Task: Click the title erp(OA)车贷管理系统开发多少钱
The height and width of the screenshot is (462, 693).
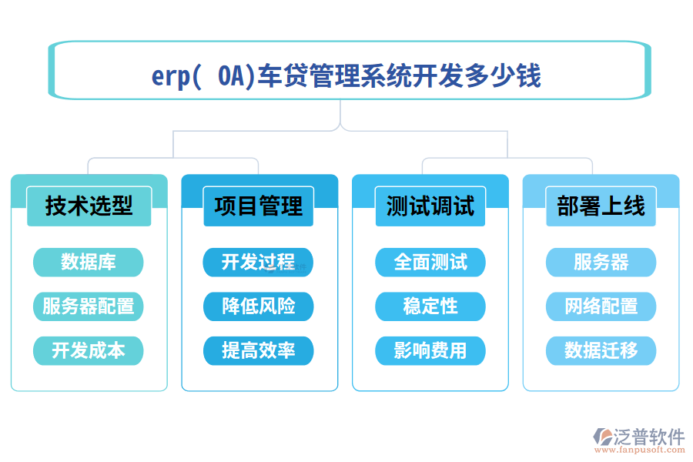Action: [346, 76]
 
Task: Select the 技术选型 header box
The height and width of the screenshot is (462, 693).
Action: [89, 206]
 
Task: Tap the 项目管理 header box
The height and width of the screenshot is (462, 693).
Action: [259, 206]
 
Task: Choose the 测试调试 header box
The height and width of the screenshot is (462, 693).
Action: [430, 206]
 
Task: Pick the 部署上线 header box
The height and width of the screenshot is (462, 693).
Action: [601, 206]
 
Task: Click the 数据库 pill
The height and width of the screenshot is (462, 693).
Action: [89, 262]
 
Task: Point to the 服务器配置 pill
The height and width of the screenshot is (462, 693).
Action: [89, 306]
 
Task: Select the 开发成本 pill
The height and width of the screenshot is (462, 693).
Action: [89, 350]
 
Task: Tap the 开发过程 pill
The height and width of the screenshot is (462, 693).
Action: [259, 262]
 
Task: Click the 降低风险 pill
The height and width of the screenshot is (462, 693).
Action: [259, 306]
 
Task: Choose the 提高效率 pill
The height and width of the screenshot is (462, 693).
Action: [259, 350]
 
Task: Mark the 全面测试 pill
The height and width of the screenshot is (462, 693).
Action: [430, 262]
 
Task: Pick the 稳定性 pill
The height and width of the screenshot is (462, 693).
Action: [430, 306]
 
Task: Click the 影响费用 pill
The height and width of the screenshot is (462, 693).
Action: [430, 350]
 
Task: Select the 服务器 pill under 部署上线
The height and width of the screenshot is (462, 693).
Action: [601, 262]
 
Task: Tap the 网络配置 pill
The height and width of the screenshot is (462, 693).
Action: [601, 306]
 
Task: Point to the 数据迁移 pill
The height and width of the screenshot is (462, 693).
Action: [601, 350]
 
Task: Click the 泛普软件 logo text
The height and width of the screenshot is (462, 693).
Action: [648, 437]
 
